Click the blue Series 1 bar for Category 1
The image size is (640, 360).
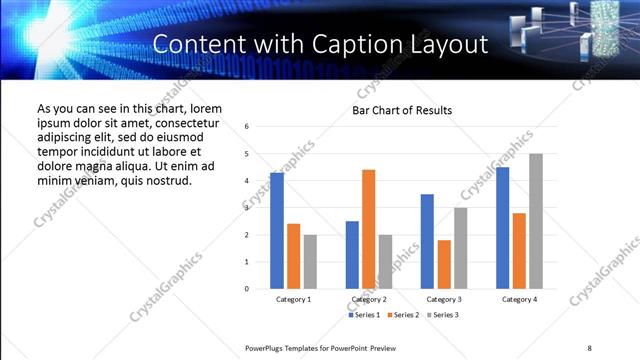click(277, 231)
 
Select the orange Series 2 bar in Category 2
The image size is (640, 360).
click(369, 229)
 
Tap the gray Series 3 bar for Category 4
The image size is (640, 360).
click(536, 221)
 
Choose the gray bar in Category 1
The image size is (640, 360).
click(310, 262)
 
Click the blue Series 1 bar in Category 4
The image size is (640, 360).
click(502, 228)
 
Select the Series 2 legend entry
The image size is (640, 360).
click(402, 315)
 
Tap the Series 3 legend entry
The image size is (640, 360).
click(442, 315)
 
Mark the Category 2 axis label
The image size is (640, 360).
click(369, 299)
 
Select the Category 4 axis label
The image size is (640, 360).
click(519, 299)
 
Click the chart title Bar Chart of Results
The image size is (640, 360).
click(402, 110)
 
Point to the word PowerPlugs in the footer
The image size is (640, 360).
click(266, 347)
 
